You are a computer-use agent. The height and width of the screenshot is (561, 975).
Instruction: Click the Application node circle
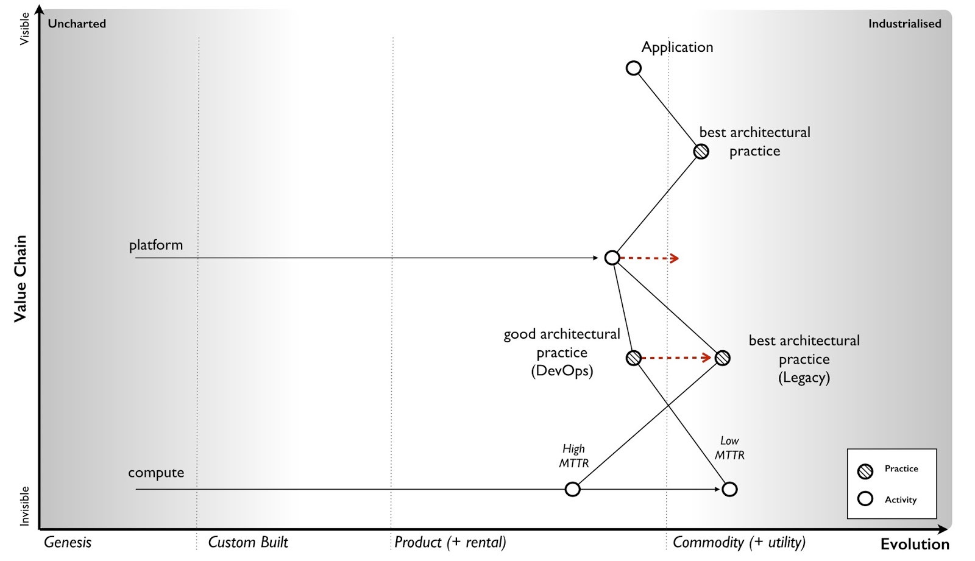(634, 68)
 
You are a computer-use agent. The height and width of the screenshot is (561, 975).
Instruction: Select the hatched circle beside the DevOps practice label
(634, 358)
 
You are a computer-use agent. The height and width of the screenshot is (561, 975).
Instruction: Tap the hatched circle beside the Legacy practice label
(722, 358)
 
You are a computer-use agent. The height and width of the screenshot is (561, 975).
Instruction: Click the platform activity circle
(612, 258)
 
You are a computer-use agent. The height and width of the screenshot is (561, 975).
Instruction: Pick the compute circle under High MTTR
(573, 489)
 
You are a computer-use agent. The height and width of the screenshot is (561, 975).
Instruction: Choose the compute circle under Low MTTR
(729, 489)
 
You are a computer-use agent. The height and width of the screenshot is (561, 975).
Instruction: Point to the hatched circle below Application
(701, 151)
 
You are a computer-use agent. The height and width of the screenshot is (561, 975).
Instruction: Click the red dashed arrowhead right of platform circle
(674, 258)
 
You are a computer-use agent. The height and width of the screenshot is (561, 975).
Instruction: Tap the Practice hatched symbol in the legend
(865, 470)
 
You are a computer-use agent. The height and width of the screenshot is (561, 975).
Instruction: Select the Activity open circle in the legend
(865, 499)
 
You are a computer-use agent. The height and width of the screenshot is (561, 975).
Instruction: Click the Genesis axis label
(68, 542)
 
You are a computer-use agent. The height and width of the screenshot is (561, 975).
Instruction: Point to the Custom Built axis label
(248, 542)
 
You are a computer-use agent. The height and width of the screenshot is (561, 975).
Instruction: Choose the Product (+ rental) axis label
(450, 542)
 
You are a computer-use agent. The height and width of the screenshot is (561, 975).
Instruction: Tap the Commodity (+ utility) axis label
(739, 542)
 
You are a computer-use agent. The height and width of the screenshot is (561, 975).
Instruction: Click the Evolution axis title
(915, 544)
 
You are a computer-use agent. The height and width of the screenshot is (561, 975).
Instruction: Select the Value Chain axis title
(21, 278)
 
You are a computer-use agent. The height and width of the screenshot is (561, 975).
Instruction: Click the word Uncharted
(77, 24)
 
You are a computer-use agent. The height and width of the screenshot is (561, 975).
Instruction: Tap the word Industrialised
(904, 24)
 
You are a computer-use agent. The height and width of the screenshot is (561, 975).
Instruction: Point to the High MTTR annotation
(573, 456)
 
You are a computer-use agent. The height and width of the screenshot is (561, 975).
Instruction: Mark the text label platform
(156, 245)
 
